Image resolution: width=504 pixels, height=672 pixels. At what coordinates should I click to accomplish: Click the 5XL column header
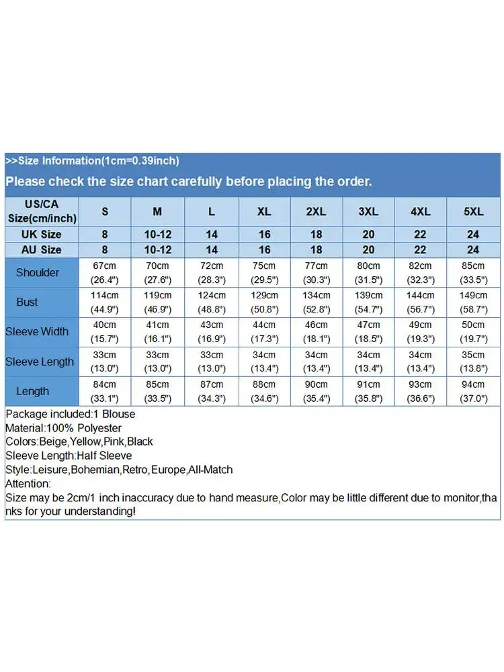473,211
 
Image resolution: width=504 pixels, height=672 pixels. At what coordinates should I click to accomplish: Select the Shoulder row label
38,273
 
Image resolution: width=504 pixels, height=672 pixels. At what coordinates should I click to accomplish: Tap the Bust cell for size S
105,302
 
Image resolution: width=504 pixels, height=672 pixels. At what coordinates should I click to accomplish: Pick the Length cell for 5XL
473,391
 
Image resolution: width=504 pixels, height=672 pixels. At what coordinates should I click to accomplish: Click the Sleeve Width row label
37,332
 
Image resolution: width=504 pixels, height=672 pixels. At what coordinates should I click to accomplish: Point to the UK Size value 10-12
157,235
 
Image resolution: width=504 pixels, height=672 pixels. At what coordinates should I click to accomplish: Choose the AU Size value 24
473,250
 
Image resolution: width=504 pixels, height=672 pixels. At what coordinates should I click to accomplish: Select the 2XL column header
316,211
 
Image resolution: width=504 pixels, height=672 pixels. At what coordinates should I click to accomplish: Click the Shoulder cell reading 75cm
264,273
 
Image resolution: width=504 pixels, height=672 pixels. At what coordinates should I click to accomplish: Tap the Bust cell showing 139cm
368,302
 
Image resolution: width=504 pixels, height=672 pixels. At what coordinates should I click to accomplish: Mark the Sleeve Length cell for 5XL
473,362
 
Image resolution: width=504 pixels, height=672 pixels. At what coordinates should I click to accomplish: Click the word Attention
28,484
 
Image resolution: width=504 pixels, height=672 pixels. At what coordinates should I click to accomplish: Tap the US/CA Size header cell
42,211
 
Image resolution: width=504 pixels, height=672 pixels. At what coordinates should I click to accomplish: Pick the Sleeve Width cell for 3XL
368,332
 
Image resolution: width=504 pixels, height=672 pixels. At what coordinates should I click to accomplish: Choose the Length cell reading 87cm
211,391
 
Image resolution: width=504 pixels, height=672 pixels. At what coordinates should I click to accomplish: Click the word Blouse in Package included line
118,414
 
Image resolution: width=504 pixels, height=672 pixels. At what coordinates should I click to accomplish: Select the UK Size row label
42,235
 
